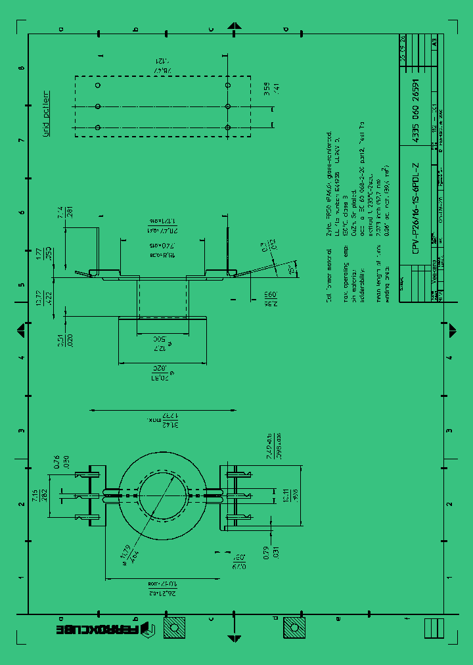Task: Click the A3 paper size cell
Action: [x=434, y=41]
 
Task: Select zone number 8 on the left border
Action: [x=22, y=68]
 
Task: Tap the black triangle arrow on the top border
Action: [x=234, y=25]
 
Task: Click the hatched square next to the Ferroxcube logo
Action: [x=174, y=628]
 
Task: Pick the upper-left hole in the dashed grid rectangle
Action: [x=98, y=85]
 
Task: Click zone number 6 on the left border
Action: [x=22, y=212]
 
